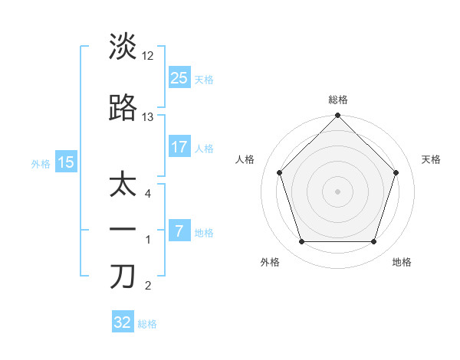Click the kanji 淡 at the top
tap(123, 47)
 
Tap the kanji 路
tap(123, 109)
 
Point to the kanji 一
tap(123, 230)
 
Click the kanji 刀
tap(123, 277)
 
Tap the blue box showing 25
tap(179, 77)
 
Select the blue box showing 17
tap(179, 147)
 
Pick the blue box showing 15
tap(66, 162)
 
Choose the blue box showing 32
tap(123, 322)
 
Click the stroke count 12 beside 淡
tap(148, 55)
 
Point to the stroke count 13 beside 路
tap(148, 117)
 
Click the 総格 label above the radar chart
tap(337, 100)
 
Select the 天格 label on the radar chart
tap(431, 159)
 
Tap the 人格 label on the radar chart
tap(245, 159)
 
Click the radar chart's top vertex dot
tap(337, 116)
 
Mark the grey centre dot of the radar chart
tap(337, 191)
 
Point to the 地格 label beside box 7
tap(204, 233)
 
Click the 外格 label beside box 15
tap(41, 162)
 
